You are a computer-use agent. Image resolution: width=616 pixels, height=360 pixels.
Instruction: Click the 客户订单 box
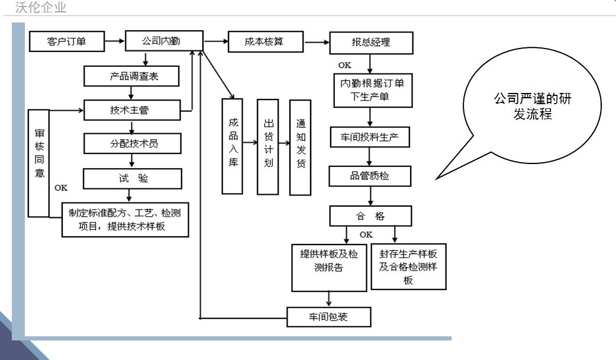tap(66, 41)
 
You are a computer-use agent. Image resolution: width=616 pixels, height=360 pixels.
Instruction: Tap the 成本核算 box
tap(265, 42)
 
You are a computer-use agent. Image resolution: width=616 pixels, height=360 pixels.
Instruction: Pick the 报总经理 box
tap(370, 43)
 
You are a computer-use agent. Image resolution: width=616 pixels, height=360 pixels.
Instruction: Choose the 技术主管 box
tap(131, 110)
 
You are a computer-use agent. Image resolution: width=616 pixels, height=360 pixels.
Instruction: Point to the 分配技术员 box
tap(131, 144)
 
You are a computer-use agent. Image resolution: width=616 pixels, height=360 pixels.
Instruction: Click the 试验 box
tap(131, 178)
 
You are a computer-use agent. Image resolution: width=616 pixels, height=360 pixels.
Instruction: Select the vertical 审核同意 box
tap(39, 162)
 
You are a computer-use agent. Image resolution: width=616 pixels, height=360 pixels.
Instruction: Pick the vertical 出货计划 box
tap(268, 146)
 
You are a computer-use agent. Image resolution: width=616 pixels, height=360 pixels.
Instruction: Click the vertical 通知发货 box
tap(300, 147)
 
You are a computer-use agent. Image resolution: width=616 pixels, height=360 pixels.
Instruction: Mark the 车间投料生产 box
tap(369, 138)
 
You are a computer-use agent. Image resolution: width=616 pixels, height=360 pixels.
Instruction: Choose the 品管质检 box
tap(369, 176)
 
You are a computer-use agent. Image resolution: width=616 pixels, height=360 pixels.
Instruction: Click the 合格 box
tap(370, 216)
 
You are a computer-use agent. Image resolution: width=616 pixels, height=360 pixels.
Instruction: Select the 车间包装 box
tap(329, 317)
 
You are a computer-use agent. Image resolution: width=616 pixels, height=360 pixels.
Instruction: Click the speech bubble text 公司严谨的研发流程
tap(533, 107)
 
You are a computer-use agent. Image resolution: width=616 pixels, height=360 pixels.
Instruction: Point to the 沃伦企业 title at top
tap(41, 8)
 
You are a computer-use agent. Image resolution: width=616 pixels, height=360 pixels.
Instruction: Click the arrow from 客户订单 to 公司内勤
tap(114, 41)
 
